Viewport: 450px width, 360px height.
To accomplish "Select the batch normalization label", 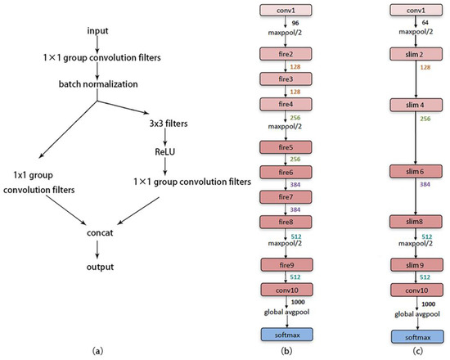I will point(97,83).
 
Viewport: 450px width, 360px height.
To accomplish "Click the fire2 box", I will point(281,52).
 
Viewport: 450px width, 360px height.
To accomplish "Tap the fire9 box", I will point(281,264).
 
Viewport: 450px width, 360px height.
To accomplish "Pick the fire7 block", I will point(281,199).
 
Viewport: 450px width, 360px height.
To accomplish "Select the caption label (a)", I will point(97,351).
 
